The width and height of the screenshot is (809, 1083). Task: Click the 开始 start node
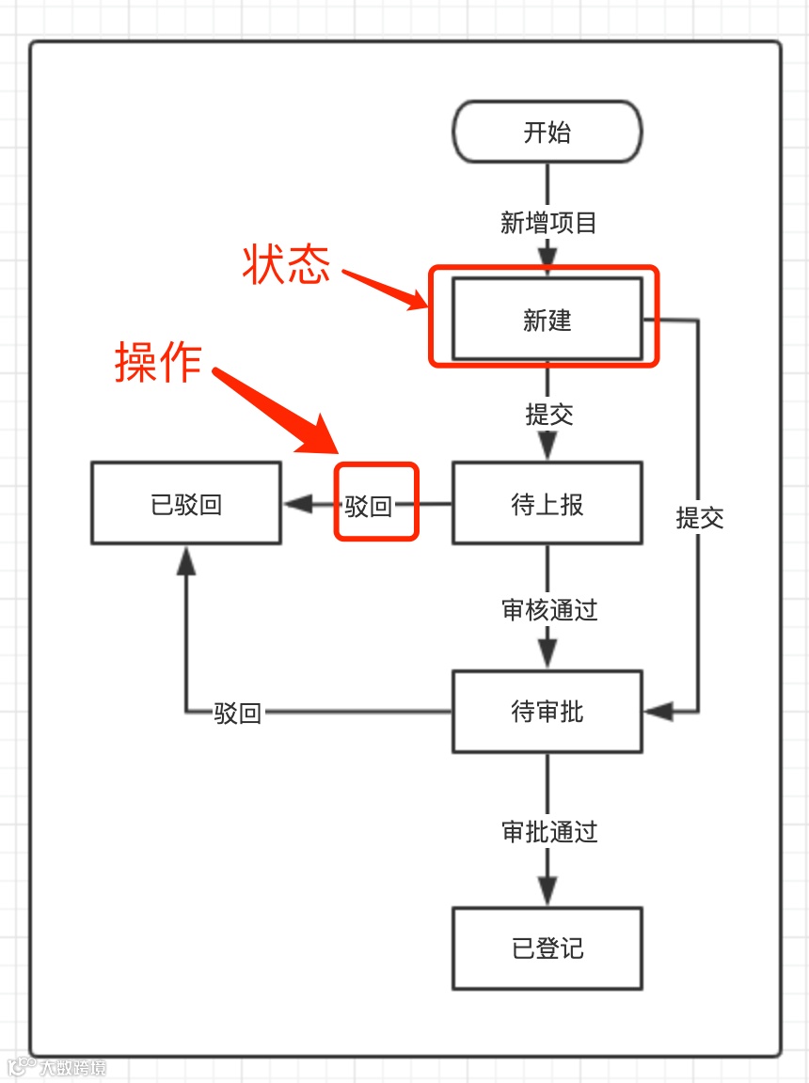(547, 132)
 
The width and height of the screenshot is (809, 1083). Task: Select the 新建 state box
(547, 320)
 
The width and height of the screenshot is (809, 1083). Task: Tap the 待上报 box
(547, 504)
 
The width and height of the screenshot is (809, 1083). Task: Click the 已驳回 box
(185, 504)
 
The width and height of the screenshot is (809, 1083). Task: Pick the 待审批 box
(547, 712)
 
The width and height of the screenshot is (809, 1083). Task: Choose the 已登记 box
(547, 948)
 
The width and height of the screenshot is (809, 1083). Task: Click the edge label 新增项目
(548, 224)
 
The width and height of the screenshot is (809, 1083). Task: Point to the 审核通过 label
(549, 610)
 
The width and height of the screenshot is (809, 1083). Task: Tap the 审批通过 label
(549, 832)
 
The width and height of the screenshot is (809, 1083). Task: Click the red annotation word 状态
(287, 265)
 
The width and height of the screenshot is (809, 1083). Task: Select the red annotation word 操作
(158, 362)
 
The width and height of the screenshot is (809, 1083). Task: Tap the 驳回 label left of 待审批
(237, 713)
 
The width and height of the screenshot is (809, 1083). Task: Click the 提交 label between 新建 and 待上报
(549, 415)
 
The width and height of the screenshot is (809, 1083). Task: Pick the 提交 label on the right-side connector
(699, 518)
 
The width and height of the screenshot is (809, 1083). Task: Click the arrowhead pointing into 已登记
(547, 892)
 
